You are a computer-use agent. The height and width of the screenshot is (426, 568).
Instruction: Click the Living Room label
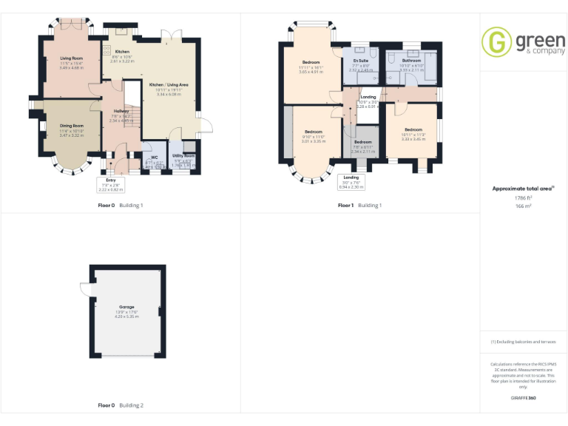pos(71,57)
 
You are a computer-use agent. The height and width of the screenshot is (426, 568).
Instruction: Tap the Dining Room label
pos(72,126)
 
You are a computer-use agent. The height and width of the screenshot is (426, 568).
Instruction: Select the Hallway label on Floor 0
pos(121,111)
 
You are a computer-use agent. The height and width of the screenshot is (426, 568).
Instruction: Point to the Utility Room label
pos(184,156)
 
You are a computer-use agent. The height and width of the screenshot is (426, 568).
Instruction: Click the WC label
pos(154,157)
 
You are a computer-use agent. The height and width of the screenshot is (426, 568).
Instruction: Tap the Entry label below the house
pos(111,180)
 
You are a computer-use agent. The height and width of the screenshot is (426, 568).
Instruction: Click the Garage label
pos(127,306)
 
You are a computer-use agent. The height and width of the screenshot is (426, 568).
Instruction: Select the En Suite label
pos(360,61)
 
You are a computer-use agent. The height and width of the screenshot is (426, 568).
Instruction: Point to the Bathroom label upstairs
pos(411,61)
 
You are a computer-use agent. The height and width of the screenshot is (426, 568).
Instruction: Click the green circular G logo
pos(496,41)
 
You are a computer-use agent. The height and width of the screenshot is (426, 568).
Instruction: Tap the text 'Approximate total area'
pos(521,189)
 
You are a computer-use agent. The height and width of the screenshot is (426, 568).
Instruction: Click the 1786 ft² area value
pos(523,198)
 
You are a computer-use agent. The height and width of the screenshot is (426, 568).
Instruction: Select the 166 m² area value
pos(523,206)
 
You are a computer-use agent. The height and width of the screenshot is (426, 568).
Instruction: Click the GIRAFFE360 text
pos(523,399)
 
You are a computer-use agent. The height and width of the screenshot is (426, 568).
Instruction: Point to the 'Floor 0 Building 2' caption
pos(121,405)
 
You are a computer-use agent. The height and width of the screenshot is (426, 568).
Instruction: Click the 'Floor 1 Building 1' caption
pos(360,205)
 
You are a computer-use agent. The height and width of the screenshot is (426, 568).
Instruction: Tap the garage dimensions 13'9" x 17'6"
pos(127,312)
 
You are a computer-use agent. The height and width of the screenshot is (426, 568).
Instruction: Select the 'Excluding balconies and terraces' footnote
pos(523,342)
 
